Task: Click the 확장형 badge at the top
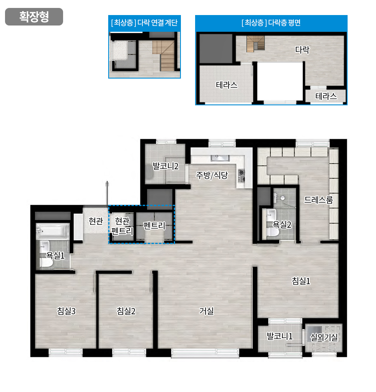34,17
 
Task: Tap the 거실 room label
206,311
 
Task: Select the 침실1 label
301,281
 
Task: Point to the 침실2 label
126,311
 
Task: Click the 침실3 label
66,311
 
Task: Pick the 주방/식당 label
212,175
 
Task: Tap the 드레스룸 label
318,200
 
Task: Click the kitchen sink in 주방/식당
220,158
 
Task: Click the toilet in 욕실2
272,232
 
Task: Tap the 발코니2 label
165,166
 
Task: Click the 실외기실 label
324,337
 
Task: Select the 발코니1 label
280,336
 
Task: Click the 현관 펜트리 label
122,226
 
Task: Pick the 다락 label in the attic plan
302,50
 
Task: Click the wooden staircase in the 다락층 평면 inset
256,43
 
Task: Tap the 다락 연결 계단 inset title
144,23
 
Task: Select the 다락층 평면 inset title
271,23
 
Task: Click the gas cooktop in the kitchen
241,176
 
